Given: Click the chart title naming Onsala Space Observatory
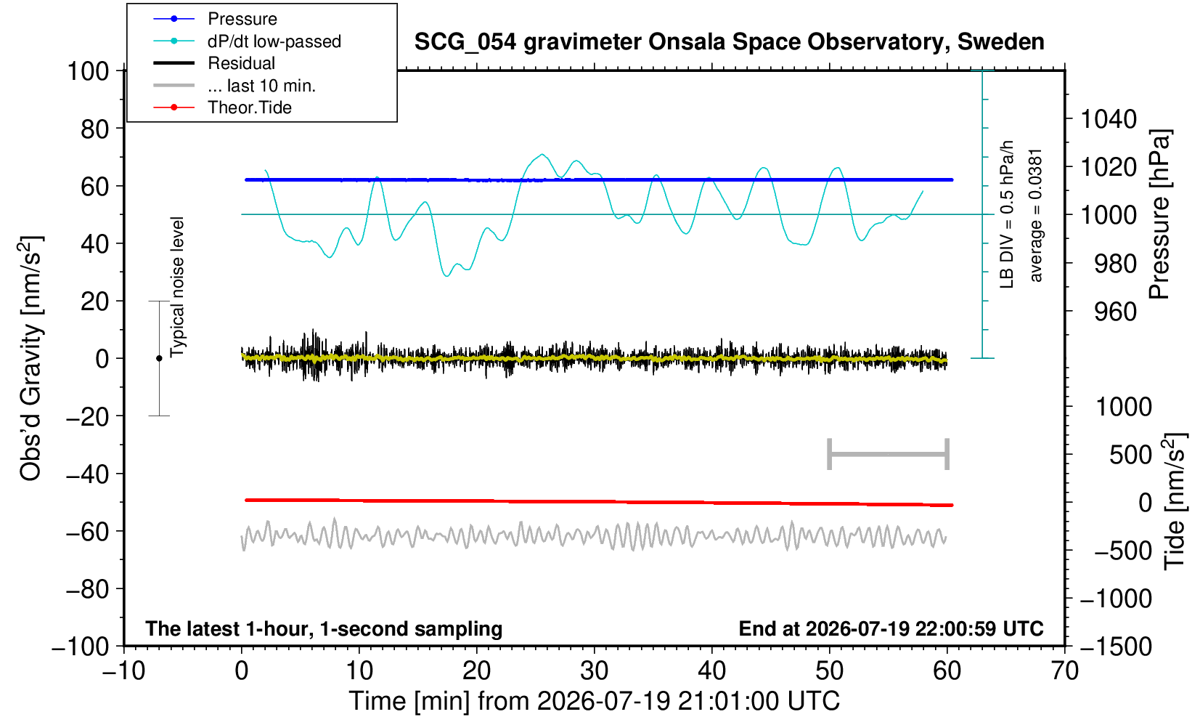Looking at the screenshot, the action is pos(729,42).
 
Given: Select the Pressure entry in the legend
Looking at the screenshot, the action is pos(242,20).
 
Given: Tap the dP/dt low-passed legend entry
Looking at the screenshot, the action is pos(274,41).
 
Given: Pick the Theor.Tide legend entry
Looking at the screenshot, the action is pos(250,108).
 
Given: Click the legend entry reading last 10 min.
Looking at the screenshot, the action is pos(262,86).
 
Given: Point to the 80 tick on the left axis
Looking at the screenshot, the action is pos(95,129).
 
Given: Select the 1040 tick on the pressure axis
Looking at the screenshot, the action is pos(1109,118).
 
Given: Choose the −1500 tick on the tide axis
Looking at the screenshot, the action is pos(1116,647).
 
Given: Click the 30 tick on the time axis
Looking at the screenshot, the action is pos(594,671).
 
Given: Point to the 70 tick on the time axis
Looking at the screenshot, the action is pos(1064,671).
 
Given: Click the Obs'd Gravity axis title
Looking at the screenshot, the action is pos(30,358).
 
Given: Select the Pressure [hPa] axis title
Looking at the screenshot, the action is pos(1161,214).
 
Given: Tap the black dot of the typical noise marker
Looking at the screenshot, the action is pos(159,358).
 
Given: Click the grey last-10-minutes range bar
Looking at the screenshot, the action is pos(889,454).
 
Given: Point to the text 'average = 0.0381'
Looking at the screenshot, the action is pos(1035,216).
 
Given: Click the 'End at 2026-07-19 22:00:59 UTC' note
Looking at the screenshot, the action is pos(891,628).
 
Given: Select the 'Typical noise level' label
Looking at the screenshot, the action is pos(177,287).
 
